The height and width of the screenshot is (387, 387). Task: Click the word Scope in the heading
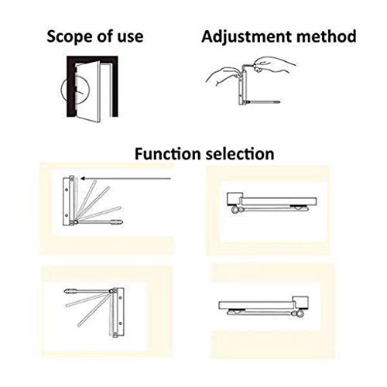point(66,36)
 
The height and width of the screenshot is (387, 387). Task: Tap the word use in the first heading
point(130,36)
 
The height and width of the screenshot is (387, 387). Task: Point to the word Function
point(168,154)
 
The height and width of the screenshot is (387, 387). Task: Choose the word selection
point(240,154)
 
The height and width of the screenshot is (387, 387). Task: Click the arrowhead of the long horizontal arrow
point(83,178)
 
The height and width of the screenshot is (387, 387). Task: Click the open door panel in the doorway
point(87,91)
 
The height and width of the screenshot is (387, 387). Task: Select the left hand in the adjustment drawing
point(221,75)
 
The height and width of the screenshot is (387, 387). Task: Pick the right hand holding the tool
point(272,64)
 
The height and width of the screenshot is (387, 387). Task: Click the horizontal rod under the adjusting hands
point(263,102)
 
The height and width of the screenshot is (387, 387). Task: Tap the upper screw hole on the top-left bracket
point(67,190)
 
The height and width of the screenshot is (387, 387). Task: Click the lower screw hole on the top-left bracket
point(67,215)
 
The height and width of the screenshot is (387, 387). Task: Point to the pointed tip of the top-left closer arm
point(121,222)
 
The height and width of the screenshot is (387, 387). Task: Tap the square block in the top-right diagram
point(235,199)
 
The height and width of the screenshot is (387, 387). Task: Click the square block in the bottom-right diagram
point(300,303)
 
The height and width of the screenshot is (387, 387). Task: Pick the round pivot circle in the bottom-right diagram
point(301,313)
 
